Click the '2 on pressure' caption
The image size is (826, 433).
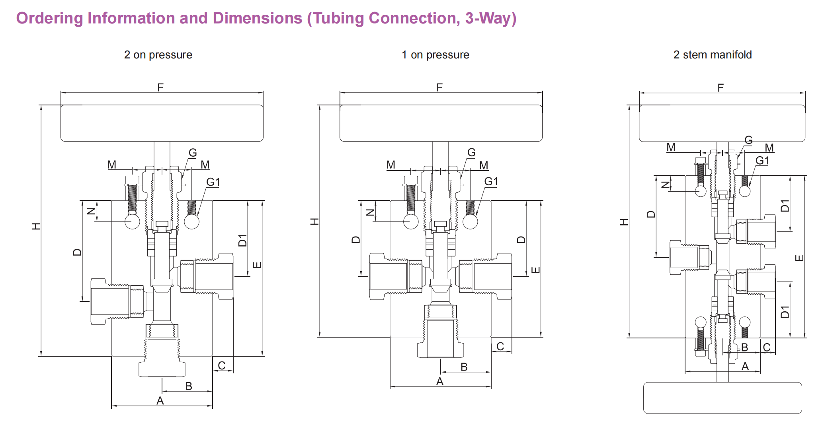point(158,55)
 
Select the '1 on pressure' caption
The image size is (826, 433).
point(435,55)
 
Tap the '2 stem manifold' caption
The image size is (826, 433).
point(712,55)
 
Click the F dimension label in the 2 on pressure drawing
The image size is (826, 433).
point(160,87)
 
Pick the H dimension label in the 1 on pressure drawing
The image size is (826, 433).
point(314,221)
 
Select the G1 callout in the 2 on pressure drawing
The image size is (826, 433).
point(213,182)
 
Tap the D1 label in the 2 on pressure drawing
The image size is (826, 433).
point(242,240)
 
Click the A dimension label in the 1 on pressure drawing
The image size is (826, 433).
point(439,381)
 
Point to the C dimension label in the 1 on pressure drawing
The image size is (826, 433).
point(500,346)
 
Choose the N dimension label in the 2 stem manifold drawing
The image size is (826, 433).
point(665,184)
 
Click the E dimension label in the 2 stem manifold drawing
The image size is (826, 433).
point(799,258)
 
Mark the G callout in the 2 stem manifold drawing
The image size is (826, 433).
point(748,140)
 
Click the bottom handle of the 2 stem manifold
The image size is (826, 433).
point(722,398)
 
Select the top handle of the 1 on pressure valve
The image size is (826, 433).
point(441,123)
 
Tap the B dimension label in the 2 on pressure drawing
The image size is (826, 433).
point(189,386)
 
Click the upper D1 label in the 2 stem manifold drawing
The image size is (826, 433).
point(785,206)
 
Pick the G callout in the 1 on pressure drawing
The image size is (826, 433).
point(471,152)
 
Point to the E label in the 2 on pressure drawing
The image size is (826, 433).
point(257,265)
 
